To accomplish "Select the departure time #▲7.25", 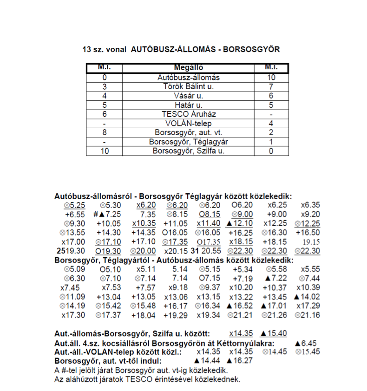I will pos(107,214).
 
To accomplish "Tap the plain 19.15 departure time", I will pos(311,242).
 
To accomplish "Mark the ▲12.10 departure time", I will pos(239,223).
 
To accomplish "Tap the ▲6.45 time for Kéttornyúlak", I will pos(305,343).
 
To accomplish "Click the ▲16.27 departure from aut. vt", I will pos(239,360).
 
